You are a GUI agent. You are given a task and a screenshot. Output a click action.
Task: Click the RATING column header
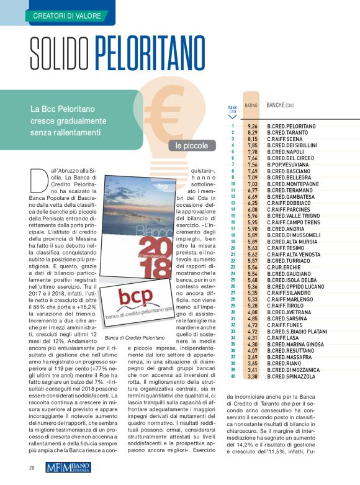(251, 106)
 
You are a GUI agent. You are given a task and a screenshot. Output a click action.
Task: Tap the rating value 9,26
(252, 126)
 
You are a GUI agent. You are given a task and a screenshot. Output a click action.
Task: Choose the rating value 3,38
(252, 376)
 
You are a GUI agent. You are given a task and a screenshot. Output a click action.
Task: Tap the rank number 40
(232, 376)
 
